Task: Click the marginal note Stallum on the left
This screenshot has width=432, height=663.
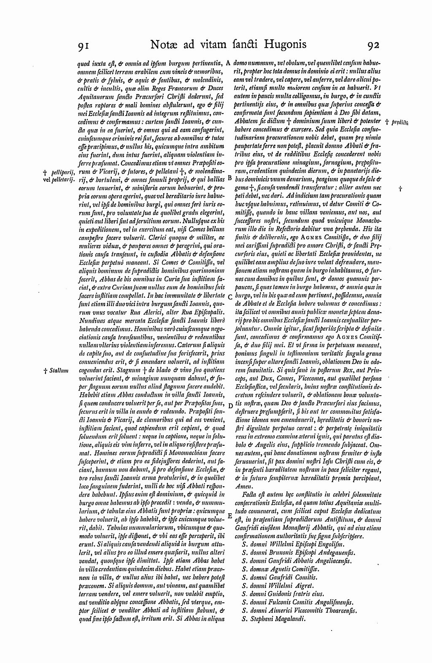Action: pyautogui.click(x=56, y=371)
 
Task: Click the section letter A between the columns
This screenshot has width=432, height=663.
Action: pyautogui.click(x=228, y=62)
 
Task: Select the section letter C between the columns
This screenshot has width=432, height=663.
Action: pyautogui.click(x=230, y=296)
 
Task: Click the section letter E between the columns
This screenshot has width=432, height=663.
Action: pyautogui.click(x=230, y=516)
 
